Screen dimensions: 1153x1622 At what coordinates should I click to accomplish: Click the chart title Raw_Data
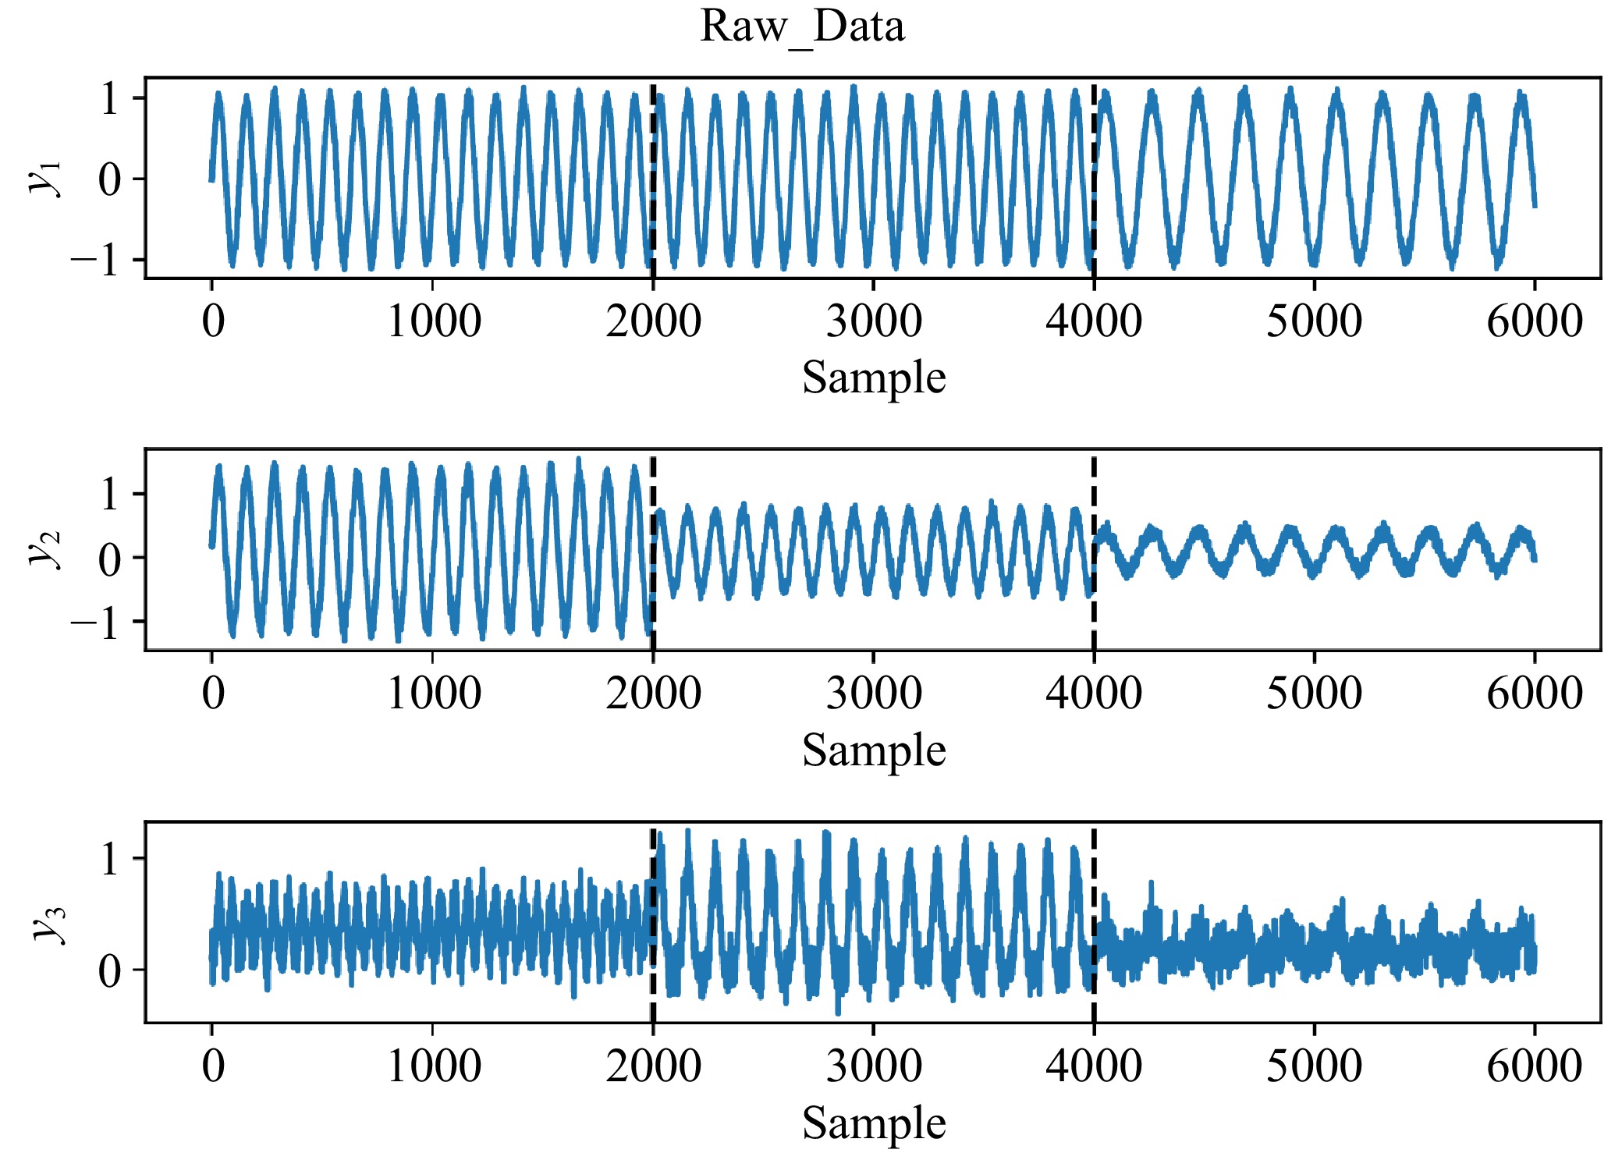[802, 27]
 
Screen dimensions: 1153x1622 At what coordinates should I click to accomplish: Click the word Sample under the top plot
[873, 378]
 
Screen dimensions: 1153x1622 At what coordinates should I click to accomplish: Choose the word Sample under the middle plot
[873, 750]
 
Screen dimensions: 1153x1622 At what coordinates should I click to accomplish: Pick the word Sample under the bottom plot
[873, 1123]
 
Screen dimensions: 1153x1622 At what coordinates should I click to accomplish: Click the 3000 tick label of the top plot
[873, 321]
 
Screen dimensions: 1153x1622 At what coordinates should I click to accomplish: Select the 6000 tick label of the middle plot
[1534, 694]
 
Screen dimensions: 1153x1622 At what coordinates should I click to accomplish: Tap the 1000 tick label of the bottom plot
[433, 1066]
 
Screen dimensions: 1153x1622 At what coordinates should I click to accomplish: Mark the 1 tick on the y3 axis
[110, 859]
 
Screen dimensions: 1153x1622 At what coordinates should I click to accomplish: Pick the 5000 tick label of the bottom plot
[1314, 1066]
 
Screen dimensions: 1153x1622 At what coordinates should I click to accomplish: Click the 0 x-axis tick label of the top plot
[212, 321]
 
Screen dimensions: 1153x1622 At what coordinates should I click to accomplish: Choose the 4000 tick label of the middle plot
[1094, 694]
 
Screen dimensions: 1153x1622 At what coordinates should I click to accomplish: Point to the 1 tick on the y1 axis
[110, 99]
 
